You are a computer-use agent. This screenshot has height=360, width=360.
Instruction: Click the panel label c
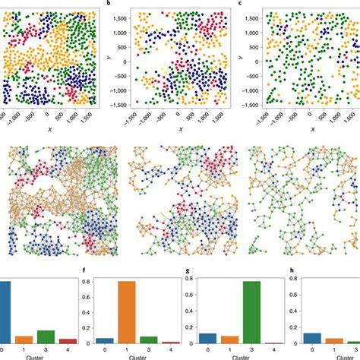241,4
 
